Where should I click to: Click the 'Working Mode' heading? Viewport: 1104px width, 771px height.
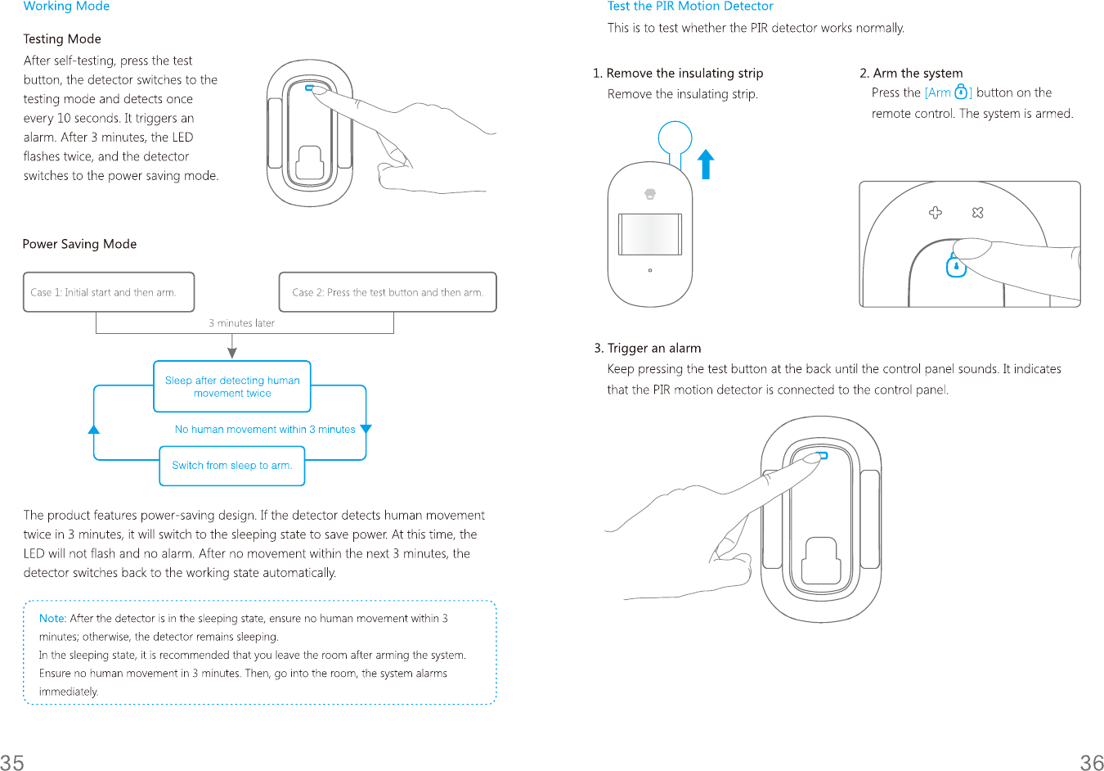click(x=66, y=7)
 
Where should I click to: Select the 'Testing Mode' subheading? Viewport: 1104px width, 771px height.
click(x=62, y=38)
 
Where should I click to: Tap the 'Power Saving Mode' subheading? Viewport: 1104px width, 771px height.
click(x=79, y=244)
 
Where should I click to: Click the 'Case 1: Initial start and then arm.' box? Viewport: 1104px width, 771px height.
click(x=109, y=292)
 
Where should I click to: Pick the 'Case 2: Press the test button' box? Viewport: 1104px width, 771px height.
click(x=388, y=292)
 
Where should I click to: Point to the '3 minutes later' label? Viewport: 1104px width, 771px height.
click(x=241, y=323)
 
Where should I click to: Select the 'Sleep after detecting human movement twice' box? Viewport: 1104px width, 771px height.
click(x=232, y=386)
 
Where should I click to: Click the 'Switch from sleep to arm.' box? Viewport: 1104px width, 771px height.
click(x=232, y=466)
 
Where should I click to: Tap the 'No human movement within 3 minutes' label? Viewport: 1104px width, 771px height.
click(x=265, y=430)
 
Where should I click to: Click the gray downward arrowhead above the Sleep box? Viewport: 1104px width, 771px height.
click(x=232, y=352)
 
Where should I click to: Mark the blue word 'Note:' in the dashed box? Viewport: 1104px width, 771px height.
click(x=52, y=619)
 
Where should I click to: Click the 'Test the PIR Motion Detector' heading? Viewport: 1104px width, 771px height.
click(x=690, y=7)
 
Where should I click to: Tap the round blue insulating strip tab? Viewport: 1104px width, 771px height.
click(x=675, y=138)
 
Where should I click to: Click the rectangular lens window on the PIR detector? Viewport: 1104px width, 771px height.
click(x=650, y=235)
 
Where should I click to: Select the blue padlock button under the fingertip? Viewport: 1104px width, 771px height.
click(x=956, y=266)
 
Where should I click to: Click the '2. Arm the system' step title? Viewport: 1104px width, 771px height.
click(x=911, y=73)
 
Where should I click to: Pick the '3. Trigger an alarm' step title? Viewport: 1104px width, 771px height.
click(x=648, y=348)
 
